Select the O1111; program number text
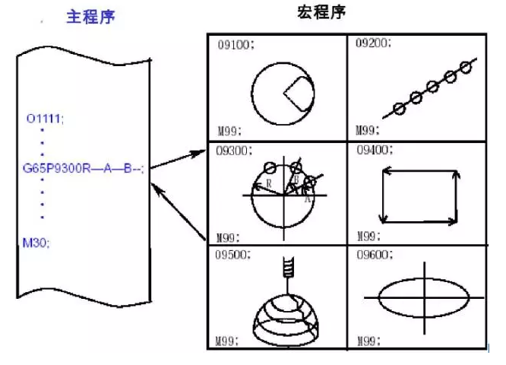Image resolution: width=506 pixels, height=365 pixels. pyautogui.click(x=46, y=119)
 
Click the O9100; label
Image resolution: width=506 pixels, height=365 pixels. pyautogui.click(x=235, y=45)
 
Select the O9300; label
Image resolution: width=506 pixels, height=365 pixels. pyautogui.click(x=235, y=151)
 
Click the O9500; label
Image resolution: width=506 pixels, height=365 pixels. pyautogui.click(x=235, y=256)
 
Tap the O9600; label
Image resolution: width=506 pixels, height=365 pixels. pyautogui.click(x=374, y=256)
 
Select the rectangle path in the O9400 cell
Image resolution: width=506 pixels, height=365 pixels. pyautogui.click(x=420, y=195)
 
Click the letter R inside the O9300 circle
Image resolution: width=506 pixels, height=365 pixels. pyautogui.click(x=268, y=185)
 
